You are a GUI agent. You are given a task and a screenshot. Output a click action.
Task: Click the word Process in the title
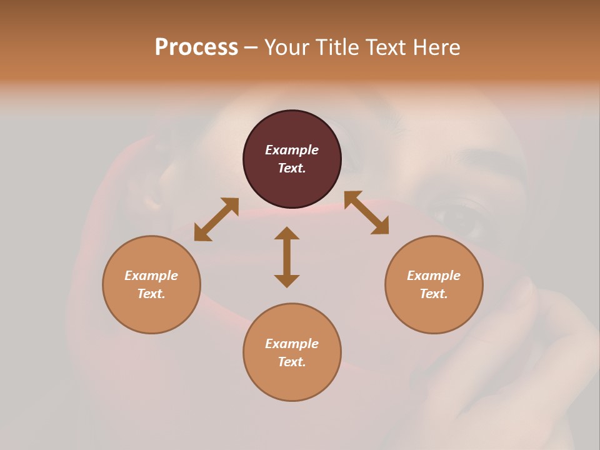[x=196, y=47]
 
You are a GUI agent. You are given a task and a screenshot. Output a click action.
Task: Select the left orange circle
[x=151, y=312]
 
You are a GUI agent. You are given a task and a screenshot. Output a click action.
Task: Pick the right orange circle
[x=434, y=312]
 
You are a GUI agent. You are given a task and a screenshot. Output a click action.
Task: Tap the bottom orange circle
[x=292, y=381]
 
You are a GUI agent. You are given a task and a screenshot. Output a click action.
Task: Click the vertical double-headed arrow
[x=287, y=257]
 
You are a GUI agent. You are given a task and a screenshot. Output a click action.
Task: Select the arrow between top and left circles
[x=216, y=219]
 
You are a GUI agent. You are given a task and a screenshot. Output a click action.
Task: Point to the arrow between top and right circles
[x=366, y=212]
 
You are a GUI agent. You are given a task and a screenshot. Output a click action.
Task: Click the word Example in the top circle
[x=292, y=150]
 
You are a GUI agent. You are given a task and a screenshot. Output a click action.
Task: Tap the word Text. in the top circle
[x=292, y=168]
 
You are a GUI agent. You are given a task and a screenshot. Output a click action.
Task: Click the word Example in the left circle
[x=151, y=276]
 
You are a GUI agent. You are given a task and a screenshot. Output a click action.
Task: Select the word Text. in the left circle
[x=151, y=294]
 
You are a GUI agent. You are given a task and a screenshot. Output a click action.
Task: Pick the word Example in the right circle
[x=434, y=276]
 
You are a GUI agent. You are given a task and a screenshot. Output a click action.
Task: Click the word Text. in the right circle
[x=434, y=294]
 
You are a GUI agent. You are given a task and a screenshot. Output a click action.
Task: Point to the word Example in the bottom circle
[x=292, y=344]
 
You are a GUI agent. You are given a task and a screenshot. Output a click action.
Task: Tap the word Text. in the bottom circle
[x=292, y=362]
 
